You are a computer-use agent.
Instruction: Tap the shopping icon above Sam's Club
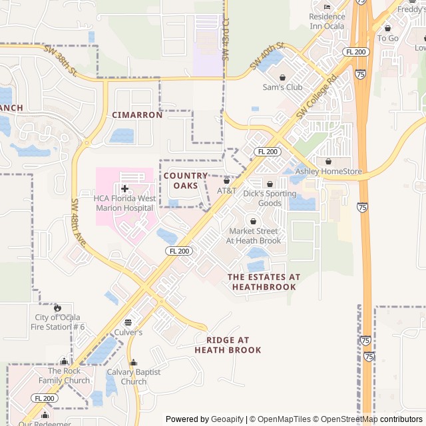(x=282, y=77)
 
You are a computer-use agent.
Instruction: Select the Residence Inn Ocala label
(x=327, y=21)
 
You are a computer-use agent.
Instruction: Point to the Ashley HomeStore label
(x=329, y=171)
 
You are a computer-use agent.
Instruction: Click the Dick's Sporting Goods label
(x=270, y=198)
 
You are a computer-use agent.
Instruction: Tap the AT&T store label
(x=226, y=190)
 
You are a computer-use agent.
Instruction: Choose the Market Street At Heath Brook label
(x=253, y=236)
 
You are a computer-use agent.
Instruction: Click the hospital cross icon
(x=124, y=189)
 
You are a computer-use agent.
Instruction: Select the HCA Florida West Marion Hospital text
(x=124, y=203)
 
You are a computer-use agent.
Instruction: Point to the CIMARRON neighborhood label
(x=137, y=114)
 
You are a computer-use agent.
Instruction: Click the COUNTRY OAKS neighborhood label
(x=186, y=180)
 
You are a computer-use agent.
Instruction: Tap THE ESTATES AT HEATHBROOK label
(x=264, y=282)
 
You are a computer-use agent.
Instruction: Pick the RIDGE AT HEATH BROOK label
(x=228, y=345)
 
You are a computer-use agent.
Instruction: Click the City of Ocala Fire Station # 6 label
(x=60, y=321)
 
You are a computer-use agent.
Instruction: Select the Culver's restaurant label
(x=128, y=331)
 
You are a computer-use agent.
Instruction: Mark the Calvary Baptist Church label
(x=134, y=377)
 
